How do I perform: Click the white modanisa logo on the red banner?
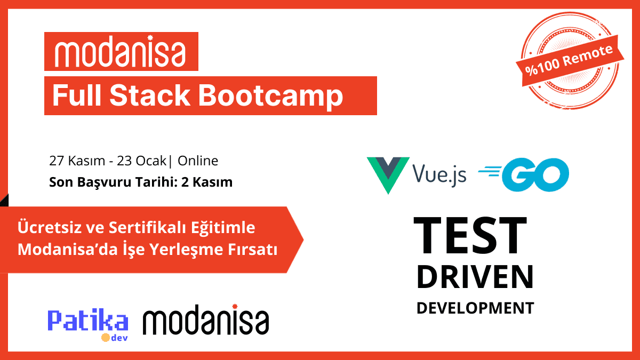click(x=120, y=51)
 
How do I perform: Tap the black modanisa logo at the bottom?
click(x=206, y=319)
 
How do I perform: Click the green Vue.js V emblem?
click(x=388, y=175)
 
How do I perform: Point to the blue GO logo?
click(x=524, y=174)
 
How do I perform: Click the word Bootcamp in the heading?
click(x=270, y=97)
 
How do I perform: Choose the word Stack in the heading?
click(x=150, y=95)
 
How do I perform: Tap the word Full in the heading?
click(x=77, y=95)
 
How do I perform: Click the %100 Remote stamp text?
click(x=569, y=61)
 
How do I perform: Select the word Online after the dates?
click(x=198, y=161)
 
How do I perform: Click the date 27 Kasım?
click(x=77, y=161)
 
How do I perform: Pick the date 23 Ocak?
click(x=141, y=161)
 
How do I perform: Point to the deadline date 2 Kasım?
click(x=207, y=182)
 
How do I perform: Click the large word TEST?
click(x=470, y=235)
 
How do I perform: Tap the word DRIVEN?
click(x=475, y=277)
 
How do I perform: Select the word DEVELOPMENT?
click(x=475, y=308)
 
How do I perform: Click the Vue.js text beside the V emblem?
click(x=439, y=174)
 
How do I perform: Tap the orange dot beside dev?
click(x=106, y=338)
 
